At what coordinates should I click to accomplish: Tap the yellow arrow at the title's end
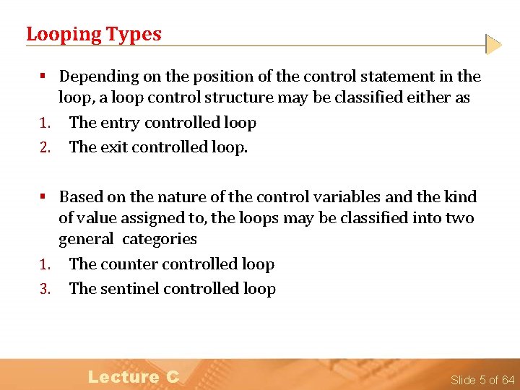(493, 45)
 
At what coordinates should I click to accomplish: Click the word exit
(114, 147)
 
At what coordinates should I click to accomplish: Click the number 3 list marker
(44, 290)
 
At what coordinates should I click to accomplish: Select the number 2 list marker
(44, 147)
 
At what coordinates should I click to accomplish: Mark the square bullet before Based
(43, 196)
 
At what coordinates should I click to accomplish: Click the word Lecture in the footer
(123, 376)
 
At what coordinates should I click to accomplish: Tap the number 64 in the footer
(507, 380)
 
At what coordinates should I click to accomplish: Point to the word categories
(160, 239)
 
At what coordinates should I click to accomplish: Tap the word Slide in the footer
(462, 380)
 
